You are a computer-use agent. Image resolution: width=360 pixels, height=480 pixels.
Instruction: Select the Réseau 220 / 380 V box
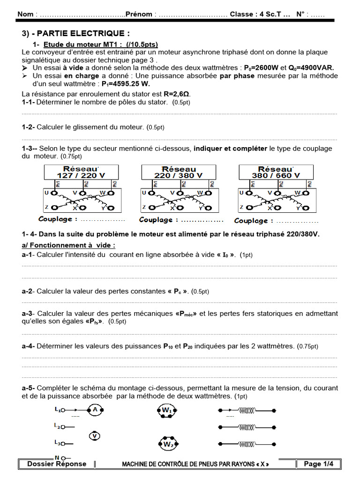179,172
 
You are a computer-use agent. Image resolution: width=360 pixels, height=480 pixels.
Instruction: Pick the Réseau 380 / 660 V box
276,172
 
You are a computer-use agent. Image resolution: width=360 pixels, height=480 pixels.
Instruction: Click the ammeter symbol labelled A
95,410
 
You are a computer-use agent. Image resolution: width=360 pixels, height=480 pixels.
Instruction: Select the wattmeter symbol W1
168,411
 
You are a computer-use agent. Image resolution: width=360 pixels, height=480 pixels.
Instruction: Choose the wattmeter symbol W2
168,443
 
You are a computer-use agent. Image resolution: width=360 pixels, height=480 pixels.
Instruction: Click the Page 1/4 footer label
318,464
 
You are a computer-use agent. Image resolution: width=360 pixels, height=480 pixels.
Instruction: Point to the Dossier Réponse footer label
57,464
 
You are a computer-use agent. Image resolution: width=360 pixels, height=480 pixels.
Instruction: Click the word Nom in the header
25,14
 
